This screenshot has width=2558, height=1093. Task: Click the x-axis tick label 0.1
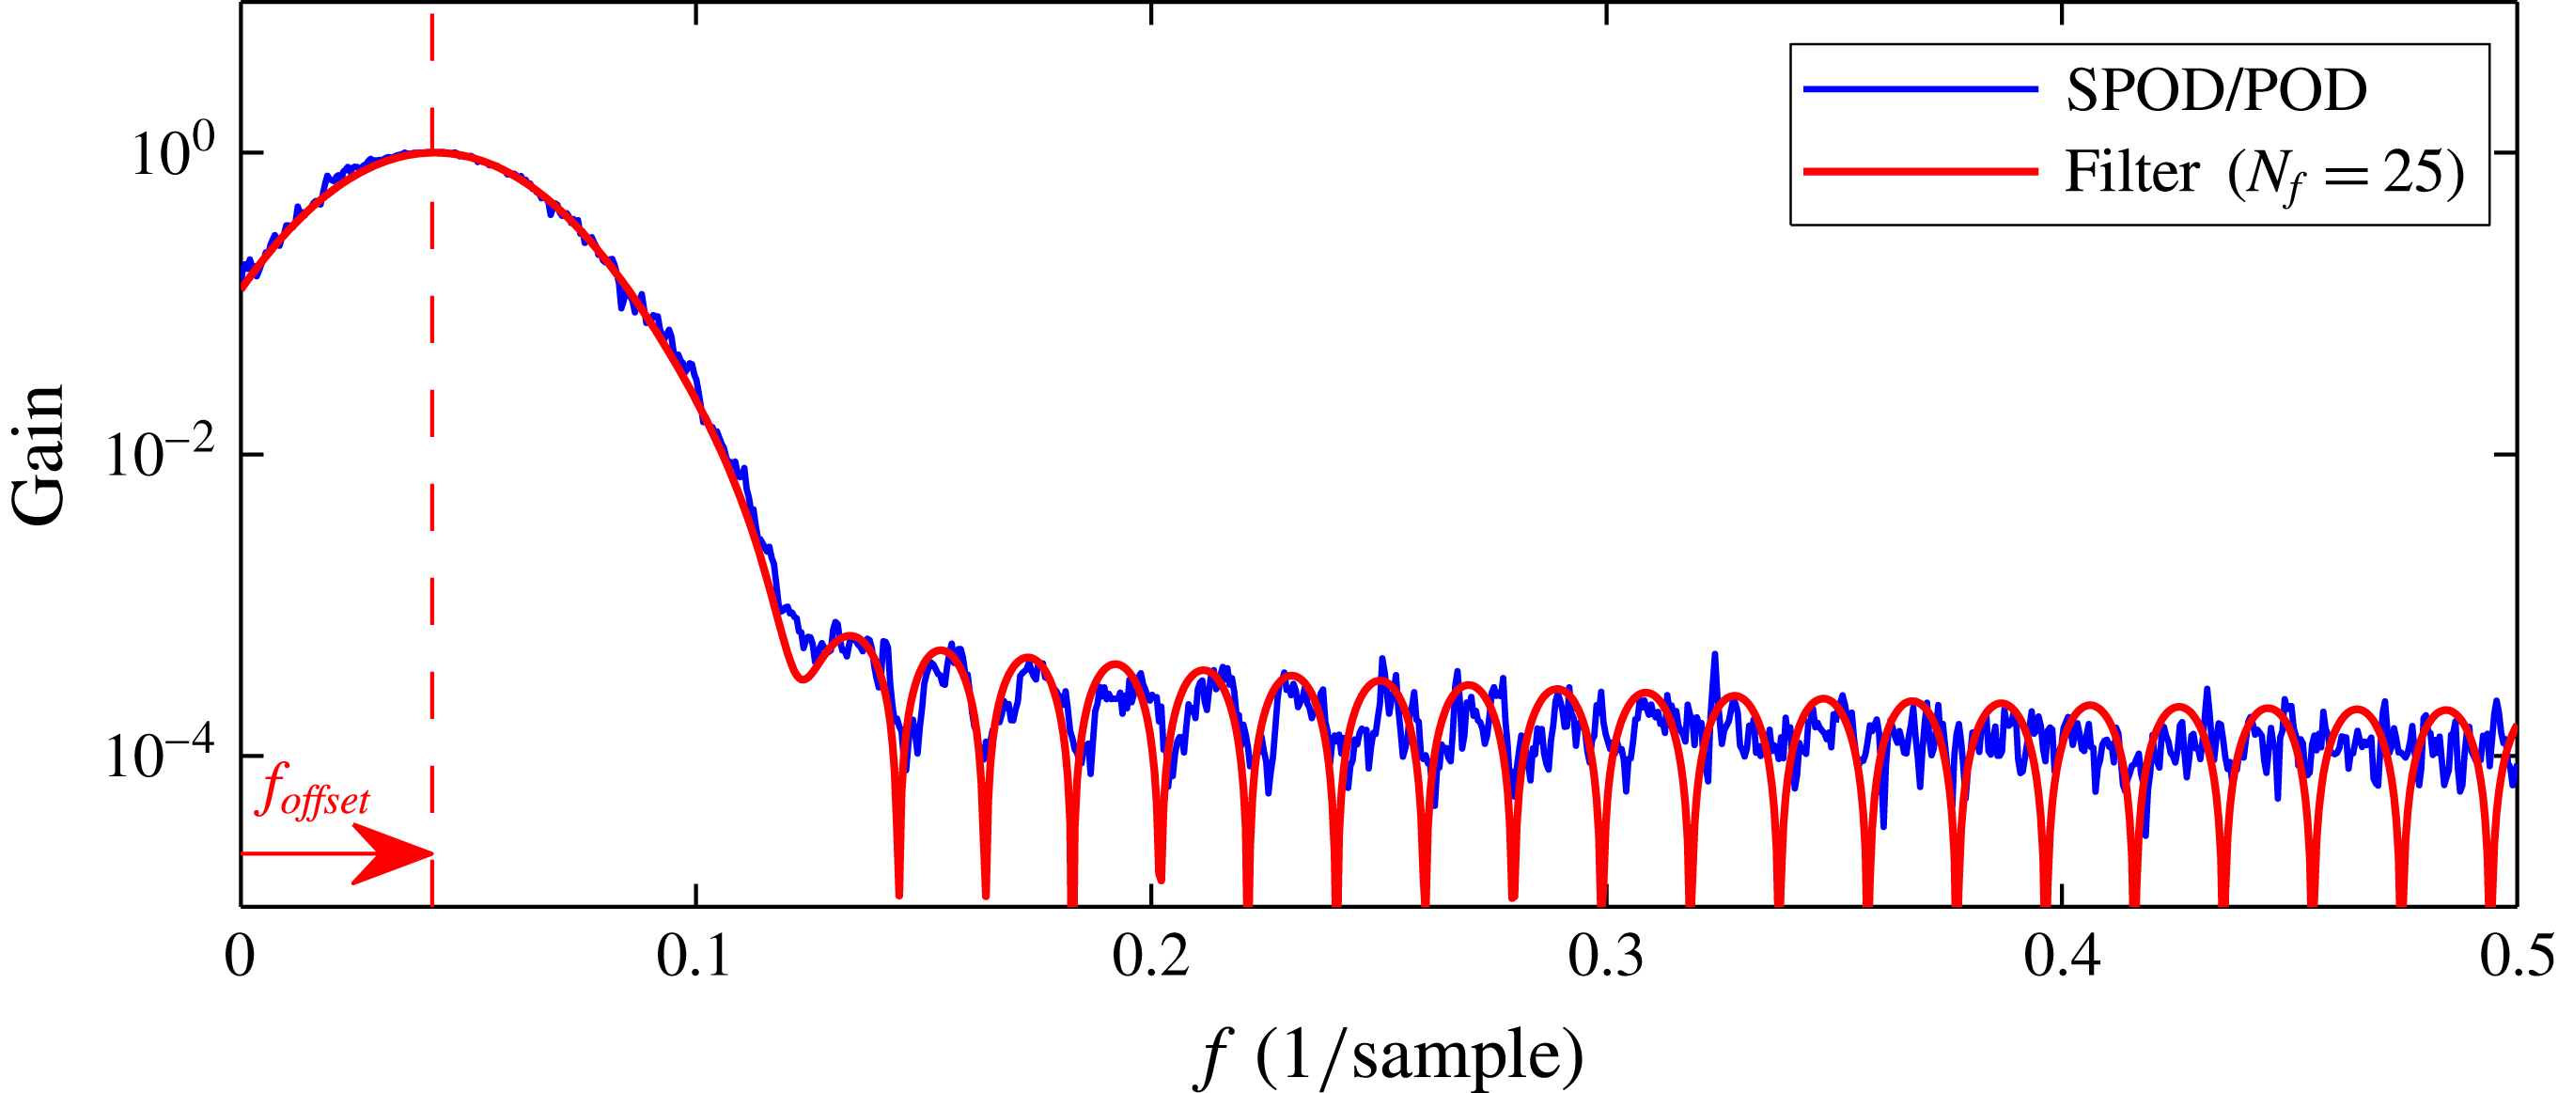pyautogui.click(x=694, y=957)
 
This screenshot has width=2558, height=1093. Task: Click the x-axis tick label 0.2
pyautogui.click(x=1150, y=957)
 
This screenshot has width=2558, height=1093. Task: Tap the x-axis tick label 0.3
pyautogui.click(x=1606, y=957)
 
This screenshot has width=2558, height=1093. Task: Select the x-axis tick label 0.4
pyautogui.click(x=2062, y=957)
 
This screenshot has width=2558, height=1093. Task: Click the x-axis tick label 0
pyautogui.click(x=241, y=957)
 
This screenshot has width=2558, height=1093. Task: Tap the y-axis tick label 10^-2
pyautogui.click(x=160, y=455)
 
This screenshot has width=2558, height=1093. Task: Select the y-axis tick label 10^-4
pyautogui.click(x=160, y=757)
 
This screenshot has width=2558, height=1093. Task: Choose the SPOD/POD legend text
pyautogui.click(x=2217, y=90)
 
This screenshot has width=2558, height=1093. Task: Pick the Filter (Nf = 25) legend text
pyautogui.click(x=2264, y=173)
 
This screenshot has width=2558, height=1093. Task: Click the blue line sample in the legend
pyautogui.click(x=1921, y=89)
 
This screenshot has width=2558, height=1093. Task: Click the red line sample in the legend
pyautogui.click(x=1921, y=172)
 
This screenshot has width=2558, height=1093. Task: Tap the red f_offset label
pyautogui.click(x=312, y=790)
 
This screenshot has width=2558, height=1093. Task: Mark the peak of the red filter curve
pyautogui.click(x=433, y=152)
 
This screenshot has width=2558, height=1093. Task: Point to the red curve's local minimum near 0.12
pyautogui.click(x=803, y=679)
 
